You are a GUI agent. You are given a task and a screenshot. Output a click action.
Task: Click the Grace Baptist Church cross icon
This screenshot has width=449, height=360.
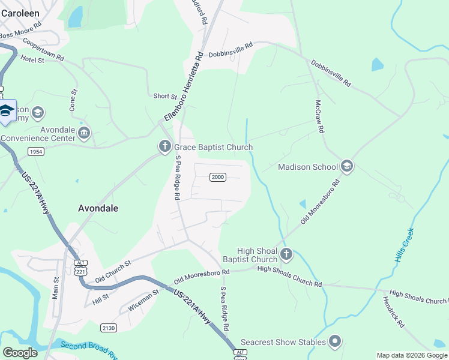pyautogui.click(x=164, y=146)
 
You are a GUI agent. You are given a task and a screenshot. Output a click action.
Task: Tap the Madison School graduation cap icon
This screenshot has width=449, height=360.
pyautogui.click(x=346, y=166)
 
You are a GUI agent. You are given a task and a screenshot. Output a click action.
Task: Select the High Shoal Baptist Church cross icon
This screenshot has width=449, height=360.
pyautogui.click(x=286, y=254)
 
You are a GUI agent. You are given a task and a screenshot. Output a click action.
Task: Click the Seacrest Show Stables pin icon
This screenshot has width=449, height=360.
pyautogui.click(x=335, y=342)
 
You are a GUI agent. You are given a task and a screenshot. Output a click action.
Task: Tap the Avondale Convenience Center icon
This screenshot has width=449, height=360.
pyautogui.click(x=83, y=133)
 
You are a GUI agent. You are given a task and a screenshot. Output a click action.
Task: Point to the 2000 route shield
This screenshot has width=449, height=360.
pyautogui.click(x=217, y=176)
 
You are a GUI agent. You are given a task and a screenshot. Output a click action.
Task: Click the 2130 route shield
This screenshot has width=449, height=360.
pyautogui.click(x=109, y=328)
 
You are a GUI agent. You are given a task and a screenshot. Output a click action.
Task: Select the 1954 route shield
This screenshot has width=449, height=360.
pyautogui.click(x=35, y=152)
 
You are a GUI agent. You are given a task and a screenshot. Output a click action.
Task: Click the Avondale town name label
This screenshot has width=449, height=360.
pyautogui.click(x=98, y=209)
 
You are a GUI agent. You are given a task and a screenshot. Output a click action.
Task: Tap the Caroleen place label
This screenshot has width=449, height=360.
pyautogui.click(x=20, y=12)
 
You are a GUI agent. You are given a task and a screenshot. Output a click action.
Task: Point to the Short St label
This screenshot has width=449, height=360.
pyautogui.click(x=165, y=96)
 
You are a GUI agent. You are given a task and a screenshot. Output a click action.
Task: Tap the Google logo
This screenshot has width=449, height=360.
pyautogui.click(x=20, y=353)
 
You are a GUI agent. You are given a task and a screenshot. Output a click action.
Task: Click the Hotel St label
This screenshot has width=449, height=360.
pyautogui.click(x=32, y=59)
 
